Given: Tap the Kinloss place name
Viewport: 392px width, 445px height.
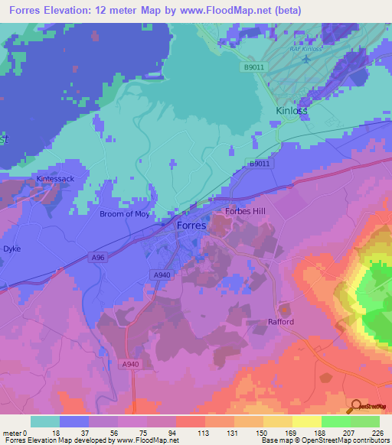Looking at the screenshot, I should pyautogui.click(x=290, y=111).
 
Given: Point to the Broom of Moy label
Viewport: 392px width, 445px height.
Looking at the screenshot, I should pyautogui.click(x=125, y=214).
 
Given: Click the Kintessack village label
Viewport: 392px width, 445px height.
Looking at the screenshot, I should pyautogui.click(x=55, y=179).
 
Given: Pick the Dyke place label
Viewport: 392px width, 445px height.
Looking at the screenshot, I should pyautogui.click(x=11, y=249).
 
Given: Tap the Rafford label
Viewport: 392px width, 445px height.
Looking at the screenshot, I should pyautogui.click(x=281, y=322).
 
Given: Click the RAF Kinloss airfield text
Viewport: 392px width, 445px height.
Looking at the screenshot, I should pyautogui.click(x=306, y=49).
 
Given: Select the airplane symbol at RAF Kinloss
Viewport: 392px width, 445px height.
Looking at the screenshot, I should pyautogui.click(x=307, y=58).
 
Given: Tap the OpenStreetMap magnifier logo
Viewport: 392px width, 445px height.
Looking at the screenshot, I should pyautogui.click(x=355, y=407).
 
